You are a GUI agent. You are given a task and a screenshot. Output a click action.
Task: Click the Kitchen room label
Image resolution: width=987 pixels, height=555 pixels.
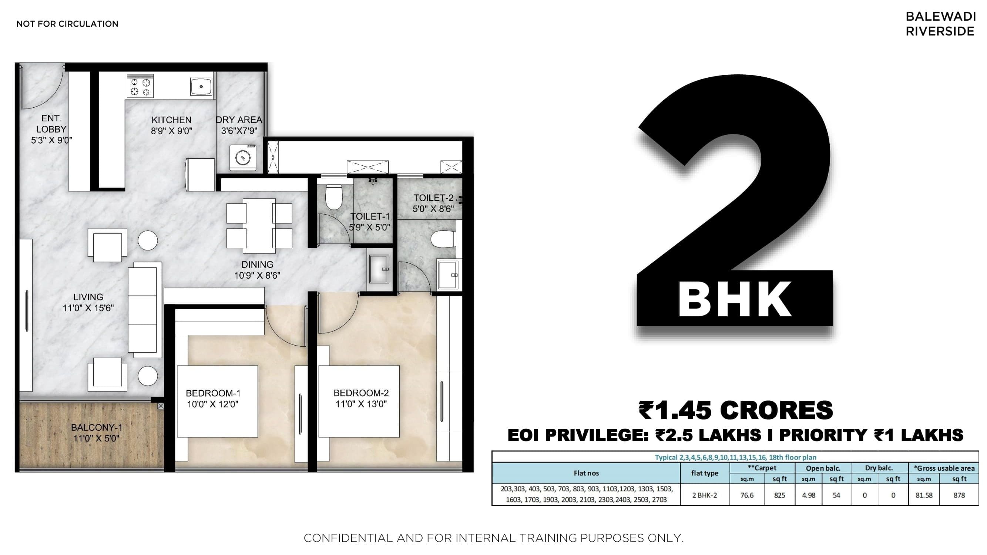171,120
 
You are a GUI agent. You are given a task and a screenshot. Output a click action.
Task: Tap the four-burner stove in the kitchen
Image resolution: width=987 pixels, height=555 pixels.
140,87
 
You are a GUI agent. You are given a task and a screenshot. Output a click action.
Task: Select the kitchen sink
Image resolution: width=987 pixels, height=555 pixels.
201,87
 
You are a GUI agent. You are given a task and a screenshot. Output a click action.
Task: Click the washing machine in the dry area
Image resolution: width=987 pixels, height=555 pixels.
242,157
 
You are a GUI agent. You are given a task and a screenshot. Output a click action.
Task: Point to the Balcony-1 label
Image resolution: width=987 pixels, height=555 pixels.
97,427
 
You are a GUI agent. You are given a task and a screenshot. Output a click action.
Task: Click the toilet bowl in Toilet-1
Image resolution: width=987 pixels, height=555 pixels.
333,197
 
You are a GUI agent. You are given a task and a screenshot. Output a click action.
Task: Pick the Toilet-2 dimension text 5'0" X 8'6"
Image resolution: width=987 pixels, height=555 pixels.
433,209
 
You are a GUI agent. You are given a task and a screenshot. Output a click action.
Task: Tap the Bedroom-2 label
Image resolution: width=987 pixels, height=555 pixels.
361,393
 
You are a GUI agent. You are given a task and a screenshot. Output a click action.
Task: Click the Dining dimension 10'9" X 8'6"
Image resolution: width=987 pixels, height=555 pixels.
257,275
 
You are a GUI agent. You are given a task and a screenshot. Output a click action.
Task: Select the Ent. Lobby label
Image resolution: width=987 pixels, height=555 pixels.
51,124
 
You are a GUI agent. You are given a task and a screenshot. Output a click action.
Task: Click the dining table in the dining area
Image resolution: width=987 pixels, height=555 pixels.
259,226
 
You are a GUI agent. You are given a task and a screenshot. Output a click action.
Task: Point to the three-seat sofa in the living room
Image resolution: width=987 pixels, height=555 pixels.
142,309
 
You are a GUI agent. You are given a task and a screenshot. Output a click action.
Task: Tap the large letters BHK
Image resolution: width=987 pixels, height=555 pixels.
735,300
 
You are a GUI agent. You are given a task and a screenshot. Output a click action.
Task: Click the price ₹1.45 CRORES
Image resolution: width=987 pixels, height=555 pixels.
736,410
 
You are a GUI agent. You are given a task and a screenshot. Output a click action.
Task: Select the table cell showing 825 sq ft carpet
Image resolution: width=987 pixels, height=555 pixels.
779,495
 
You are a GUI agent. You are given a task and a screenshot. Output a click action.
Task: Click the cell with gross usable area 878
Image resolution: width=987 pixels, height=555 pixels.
959,495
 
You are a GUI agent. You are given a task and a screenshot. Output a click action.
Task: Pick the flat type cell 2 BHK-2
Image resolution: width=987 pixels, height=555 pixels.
705,495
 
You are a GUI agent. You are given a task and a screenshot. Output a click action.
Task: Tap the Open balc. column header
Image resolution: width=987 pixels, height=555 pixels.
823,468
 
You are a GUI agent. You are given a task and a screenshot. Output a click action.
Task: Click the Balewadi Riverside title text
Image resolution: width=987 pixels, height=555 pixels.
940,24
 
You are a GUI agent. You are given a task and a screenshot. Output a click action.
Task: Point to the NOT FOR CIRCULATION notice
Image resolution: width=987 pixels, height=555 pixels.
67,24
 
